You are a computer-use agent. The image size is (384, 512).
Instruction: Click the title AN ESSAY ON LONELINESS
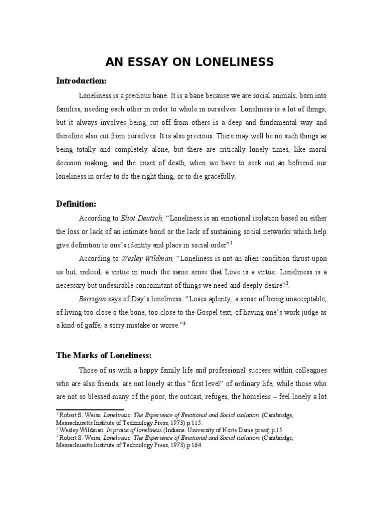coord(189,62)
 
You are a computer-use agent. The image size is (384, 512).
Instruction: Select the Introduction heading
coord(81,81)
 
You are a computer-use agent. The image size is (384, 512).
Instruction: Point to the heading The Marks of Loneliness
coord(103,355)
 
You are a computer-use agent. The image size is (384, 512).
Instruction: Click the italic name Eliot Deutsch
coord(142,218)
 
